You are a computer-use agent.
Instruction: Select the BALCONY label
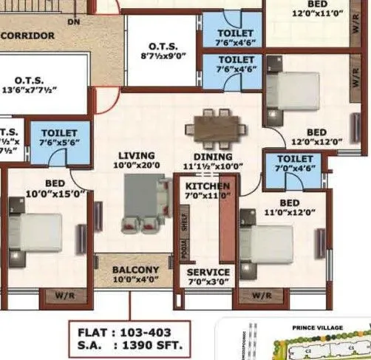coord(135,274)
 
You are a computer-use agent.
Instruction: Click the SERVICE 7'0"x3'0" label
coord(208,277)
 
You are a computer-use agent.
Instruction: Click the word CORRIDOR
coord(27,35)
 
